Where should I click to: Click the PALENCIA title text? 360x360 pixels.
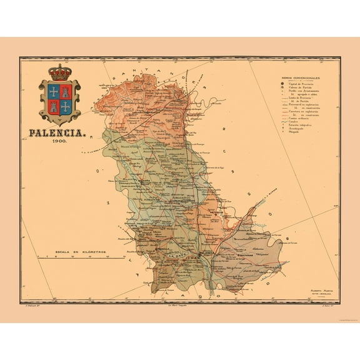coord(59,132)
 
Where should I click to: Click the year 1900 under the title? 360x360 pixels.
coord(61,142)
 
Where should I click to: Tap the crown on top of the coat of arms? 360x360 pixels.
coord(60,73)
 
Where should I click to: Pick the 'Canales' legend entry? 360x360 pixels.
coord(294,121)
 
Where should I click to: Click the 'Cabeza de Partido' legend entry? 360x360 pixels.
coord(299,87)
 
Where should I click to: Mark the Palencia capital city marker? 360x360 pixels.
coord(199,255)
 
